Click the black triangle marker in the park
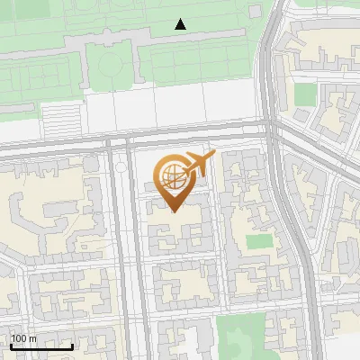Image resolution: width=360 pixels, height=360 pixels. pyautogui.click(x=181, y=24)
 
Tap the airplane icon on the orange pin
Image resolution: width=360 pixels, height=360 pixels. pyautogui.click(x=198, y=164)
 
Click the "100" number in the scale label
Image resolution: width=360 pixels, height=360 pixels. pyautogui.click(x=19, y=338)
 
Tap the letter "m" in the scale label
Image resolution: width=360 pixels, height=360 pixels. pyautogui.click(x=32, y=338)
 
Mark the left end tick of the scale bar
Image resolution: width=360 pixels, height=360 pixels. pyautogui.click(x=11, y=346)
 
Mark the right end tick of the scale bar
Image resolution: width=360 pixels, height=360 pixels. pyautogui.click(x=72, y=346)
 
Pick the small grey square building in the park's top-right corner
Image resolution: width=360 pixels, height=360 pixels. pyautogui.click(x=255, y=11)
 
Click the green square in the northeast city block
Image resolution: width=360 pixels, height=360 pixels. pyautogui.click(x=306, y=94)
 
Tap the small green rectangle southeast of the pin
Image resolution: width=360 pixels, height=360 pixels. pyautogui.click(x=259, y=241)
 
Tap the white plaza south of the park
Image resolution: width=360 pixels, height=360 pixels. pyautogui.click(x=180, y=108)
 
